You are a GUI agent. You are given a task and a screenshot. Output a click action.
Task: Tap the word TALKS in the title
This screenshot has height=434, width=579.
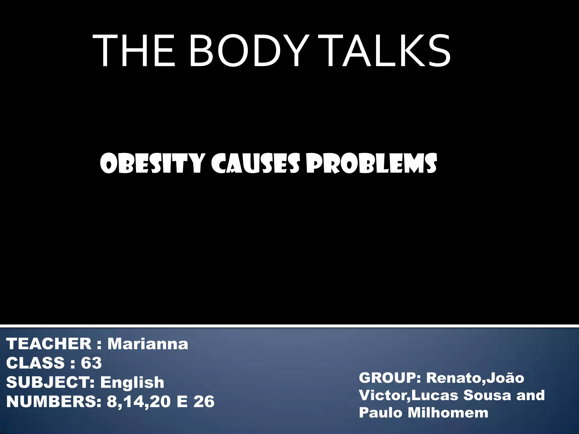pos(385,51)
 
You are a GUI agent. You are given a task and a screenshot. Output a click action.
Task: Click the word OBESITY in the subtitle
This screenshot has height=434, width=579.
pos(152,164)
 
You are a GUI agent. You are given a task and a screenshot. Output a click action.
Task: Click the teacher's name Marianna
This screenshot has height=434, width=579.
pos(148,344)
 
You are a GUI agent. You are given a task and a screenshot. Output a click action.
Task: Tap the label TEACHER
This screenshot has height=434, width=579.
pos(49,344)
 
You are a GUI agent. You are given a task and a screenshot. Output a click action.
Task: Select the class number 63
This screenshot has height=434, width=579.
pos(91,363)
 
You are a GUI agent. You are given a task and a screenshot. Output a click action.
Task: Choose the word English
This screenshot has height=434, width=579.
pos(132,382)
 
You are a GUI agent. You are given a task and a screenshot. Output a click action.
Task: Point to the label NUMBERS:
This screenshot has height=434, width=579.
pos(54,402)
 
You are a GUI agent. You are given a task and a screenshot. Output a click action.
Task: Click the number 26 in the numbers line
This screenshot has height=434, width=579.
pos(204,402)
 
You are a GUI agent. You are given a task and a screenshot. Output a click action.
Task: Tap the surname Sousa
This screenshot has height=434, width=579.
pos(487,395)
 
